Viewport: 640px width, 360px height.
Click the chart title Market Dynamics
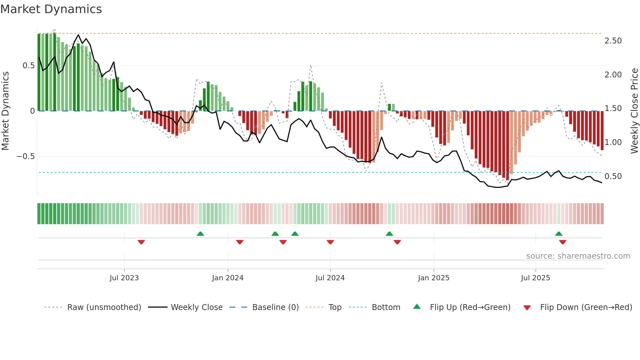pos(51,9)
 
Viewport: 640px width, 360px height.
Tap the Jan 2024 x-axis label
pos(228,278)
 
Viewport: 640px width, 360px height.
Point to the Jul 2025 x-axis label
pos(535,278)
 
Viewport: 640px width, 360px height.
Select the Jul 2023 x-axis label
pos(124,278)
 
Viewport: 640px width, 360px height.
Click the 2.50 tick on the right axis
pos(613,41)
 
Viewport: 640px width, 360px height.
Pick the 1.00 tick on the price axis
pos(613,142)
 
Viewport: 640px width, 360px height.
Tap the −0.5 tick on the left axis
pos(26,156)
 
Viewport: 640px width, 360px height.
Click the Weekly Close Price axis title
pos(634,111)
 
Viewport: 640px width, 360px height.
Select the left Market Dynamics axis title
pos(5,111)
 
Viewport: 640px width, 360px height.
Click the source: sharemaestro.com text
pos(578,256)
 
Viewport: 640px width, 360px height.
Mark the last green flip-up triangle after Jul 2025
pos(559,234)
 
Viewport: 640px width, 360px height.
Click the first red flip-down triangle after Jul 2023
pos(141,242)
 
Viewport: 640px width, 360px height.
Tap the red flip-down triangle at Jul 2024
pos(330,242)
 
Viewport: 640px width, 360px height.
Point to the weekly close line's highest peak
pos(78,35)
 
